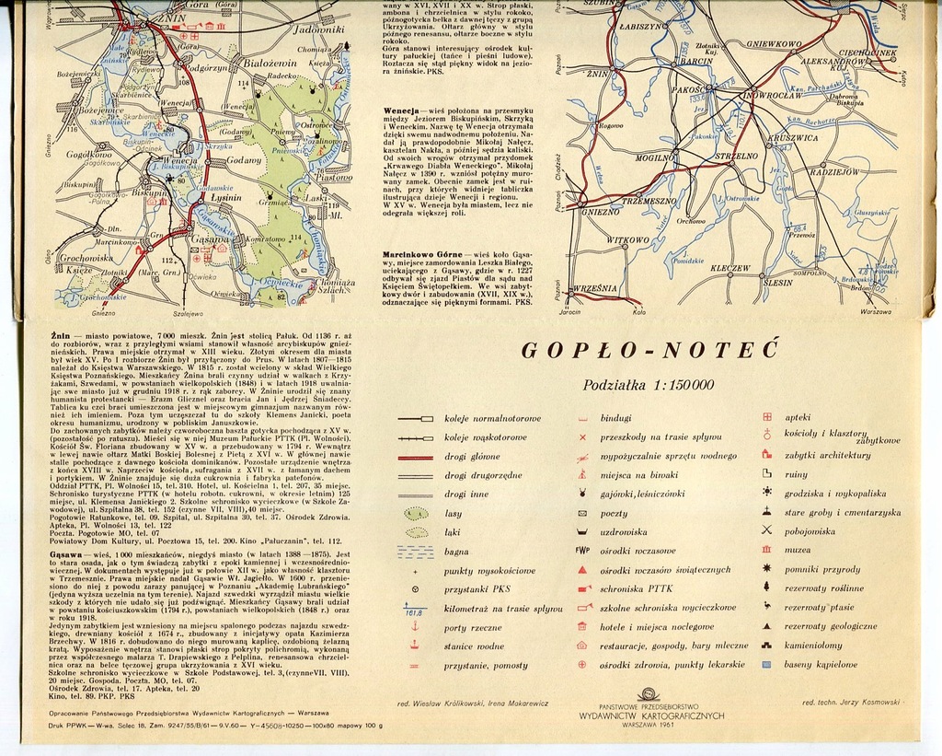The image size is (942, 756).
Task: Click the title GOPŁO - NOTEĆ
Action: (649, 351)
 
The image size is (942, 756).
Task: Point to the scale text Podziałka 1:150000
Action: (649, 385)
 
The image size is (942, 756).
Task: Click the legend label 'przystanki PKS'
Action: (478, 589)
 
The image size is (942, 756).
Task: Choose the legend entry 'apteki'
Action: (798, 417)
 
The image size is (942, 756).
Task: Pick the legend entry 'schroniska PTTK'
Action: (636, 588)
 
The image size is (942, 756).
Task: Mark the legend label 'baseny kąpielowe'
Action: (821, 664)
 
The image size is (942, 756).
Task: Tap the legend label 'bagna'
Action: (457, 552)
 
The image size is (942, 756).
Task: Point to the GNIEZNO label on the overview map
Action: (600, 211)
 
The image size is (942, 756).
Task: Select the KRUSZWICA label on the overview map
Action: (792, 137)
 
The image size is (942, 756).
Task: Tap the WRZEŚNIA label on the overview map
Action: (594, 288)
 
